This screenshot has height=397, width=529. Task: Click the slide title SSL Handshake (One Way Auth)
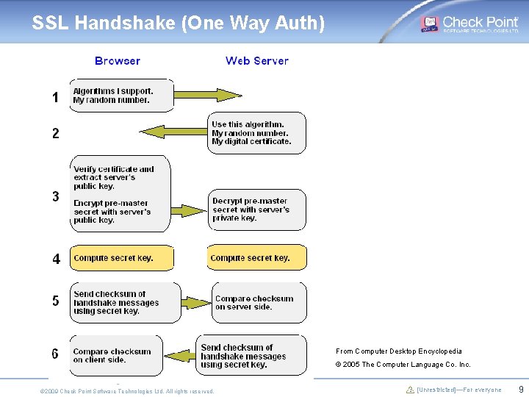(178, 24)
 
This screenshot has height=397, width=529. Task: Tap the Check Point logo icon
(429, 24)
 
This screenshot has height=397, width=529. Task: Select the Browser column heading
(118, 61)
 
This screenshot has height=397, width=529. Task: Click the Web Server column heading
(256, 61)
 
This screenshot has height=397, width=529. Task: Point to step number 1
(55, 97)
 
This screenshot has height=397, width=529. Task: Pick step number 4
(57, 259)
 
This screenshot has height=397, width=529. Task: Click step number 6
(55, 354)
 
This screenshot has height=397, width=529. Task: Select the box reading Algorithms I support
(122, 96)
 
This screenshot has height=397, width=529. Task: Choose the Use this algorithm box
(256, 133)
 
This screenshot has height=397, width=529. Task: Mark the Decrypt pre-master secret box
(256, 210)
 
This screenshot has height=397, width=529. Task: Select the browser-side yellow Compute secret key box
(122, 258)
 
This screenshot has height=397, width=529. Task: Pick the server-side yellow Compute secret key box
(256, 258)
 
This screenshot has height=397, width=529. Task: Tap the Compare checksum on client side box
(116, 356)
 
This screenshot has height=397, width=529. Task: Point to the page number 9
(521, 389)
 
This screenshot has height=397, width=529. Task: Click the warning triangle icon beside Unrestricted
(411, 390)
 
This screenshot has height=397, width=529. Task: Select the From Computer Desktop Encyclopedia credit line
(399, 351)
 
